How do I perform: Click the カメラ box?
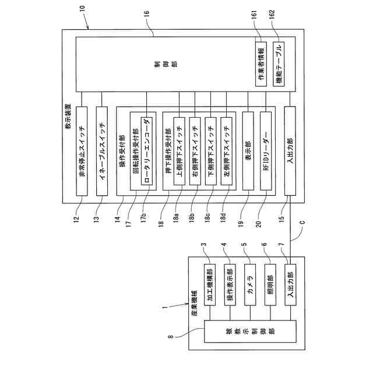click(249, 286)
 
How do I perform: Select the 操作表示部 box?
click(230, 286)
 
